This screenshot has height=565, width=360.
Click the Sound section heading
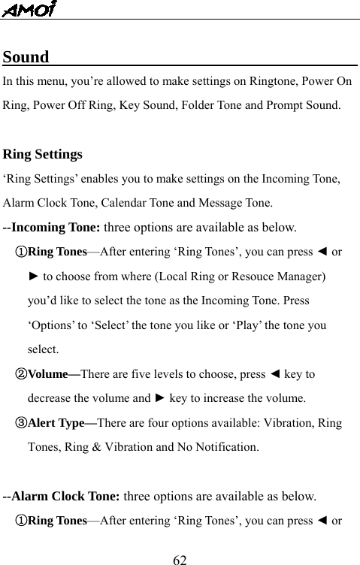pyautogui.click(x=26, y=57)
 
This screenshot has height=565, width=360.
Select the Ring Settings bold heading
pyautogui.click(x=43, y=155)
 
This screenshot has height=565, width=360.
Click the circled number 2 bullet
pyautogui.click(x=21, y=373)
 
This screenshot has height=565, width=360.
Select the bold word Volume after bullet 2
pyautogui.click(x=49, y=373)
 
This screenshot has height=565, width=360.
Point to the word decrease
pyautogui.click(x=53, y=398)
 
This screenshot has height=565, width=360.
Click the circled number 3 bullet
pyautogui.click(x=21, y=422)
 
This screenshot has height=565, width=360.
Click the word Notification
pyautogui.click(x=225, y=447)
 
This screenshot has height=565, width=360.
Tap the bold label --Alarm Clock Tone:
pyautogui.click(x=62, y=496)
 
